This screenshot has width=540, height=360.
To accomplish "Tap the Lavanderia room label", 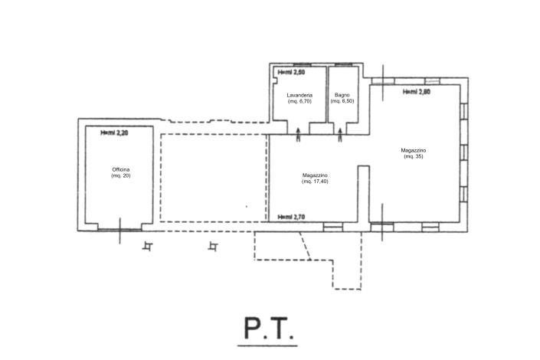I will pos(299,95).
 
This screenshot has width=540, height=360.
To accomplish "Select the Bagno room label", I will pos(342,95).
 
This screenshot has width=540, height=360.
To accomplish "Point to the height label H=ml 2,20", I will pos(114,133).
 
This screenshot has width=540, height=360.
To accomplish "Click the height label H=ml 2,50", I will pos(291,73).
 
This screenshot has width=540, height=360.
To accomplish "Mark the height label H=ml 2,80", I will pos(417,92).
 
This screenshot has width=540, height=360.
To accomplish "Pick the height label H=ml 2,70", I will pos(291,217).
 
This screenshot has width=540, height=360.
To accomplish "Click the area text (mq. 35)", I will pos(414,157).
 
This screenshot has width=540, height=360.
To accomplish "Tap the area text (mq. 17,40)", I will pos(316,182).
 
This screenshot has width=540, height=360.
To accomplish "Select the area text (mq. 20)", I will pos(121,175).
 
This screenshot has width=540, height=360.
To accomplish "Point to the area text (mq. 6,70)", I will pos(299,101).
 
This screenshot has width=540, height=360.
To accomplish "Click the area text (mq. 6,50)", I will pos(342,101).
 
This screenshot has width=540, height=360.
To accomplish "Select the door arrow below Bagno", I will pos(341,135).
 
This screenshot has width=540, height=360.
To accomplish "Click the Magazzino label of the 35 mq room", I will pos(414,150).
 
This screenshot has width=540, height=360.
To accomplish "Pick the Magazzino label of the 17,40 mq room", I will pos(316,175).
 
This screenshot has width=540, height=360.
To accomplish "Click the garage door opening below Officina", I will pos(119,227).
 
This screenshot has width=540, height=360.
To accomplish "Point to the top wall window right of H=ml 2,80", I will pos(434,80).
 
